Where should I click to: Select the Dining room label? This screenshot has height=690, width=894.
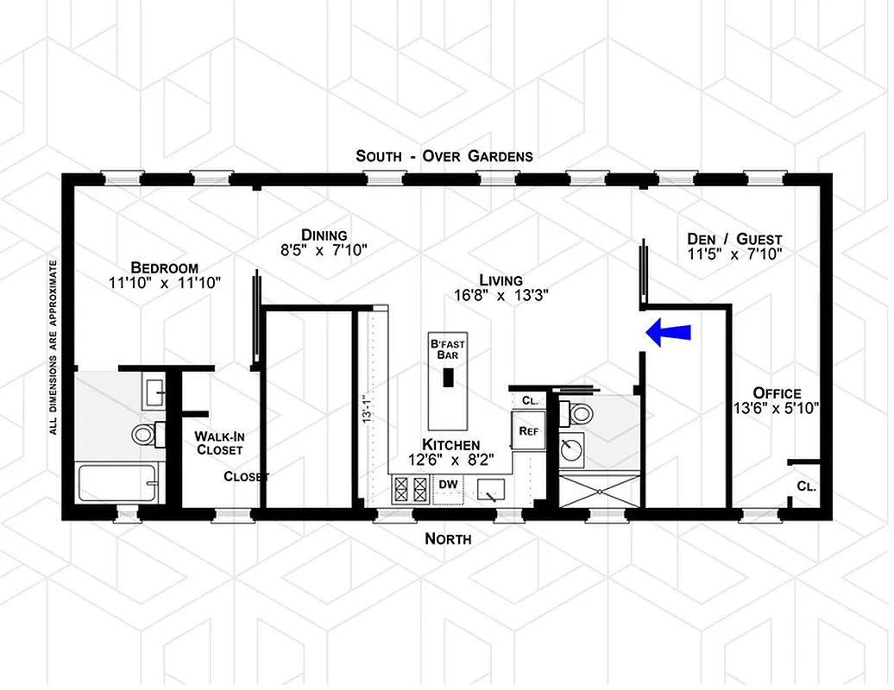pos(324,235)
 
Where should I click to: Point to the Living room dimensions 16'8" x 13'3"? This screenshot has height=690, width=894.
pos(501,294)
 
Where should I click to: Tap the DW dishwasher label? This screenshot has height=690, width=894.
pos(448,485)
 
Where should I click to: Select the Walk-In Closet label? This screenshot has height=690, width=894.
pos(218,442)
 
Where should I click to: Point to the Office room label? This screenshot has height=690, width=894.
pos(777,393)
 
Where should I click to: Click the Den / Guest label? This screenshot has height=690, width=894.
pos(734,239)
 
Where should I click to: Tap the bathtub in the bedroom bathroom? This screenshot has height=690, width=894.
pos(120,483)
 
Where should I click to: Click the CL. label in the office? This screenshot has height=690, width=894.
pos(806,486)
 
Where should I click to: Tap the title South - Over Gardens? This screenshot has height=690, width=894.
pos(444,156)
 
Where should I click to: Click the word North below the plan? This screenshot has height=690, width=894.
pos(449,539)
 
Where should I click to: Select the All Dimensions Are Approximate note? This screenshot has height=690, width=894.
pos(54,346)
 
